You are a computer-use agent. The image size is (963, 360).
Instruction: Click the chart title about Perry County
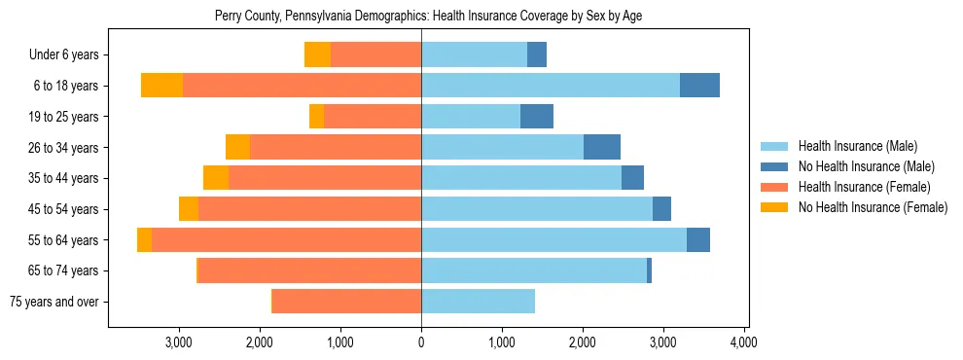coord(427,16)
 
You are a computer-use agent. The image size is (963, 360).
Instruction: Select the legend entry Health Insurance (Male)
coord(857,146)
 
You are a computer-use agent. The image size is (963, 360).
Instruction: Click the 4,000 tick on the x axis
coord(743,342)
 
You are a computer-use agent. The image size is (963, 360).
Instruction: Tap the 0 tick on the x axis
coord(421,342)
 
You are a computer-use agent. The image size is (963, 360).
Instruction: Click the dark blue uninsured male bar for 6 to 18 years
coord(699,86)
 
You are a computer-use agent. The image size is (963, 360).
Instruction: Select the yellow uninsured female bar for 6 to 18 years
coord(161,86)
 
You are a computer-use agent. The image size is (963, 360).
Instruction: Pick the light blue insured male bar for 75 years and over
coord(478,302)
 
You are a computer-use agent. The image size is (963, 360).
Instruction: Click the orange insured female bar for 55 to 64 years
coord(286,239)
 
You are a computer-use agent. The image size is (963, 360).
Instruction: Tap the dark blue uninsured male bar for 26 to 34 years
coord(602,147)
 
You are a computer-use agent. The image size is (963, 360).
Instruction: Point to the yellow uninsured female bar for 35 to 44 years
coord(216,178)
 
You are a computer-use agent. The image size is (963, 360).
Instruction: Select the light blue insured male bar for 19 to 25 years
coord(471,117)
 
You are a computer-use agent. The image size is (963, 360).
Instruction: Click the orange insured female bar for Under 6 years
coord(375,54)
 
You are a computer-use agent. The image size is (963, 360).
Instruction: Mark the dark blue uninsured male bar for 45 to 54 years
coord(661,209)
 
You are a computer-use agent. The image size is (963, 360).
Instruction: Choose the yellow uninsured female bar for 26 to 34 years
coord(237,147)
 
